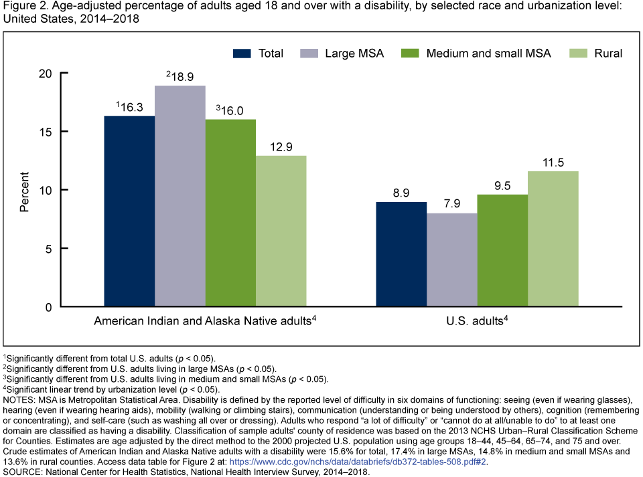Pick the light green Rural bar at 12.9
(x=281, y=231)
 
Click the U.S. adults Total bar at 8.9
(x=401, y=254)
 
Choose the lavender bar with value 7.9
(x=452, y=260)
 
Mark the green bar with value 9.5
(x=502, y=251)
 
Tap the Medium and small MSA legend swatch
(x=409, y=54)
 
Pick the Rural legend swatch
(x=577, y=54)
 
